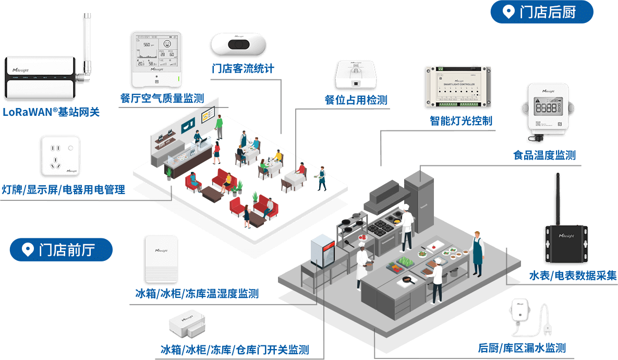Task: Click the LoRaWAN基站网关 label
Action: click(51, 112)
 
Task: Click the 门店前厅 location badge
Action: click(61, 250)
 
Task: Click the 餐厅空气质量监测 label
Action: click(162, 99)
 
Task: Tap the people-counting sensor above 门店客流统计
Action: click(238, 43)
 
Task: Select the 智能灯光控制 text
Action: click(461, 121)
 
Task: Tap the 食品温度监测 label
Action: click(544, 155)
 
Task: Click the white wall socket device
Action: click(60, 155)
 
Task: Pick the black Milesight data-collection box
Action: click(567, 244)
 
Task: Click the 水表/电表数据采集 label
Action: click(573, 275)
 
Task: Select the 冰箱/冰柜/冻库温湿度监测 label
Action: click(197, 294)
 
